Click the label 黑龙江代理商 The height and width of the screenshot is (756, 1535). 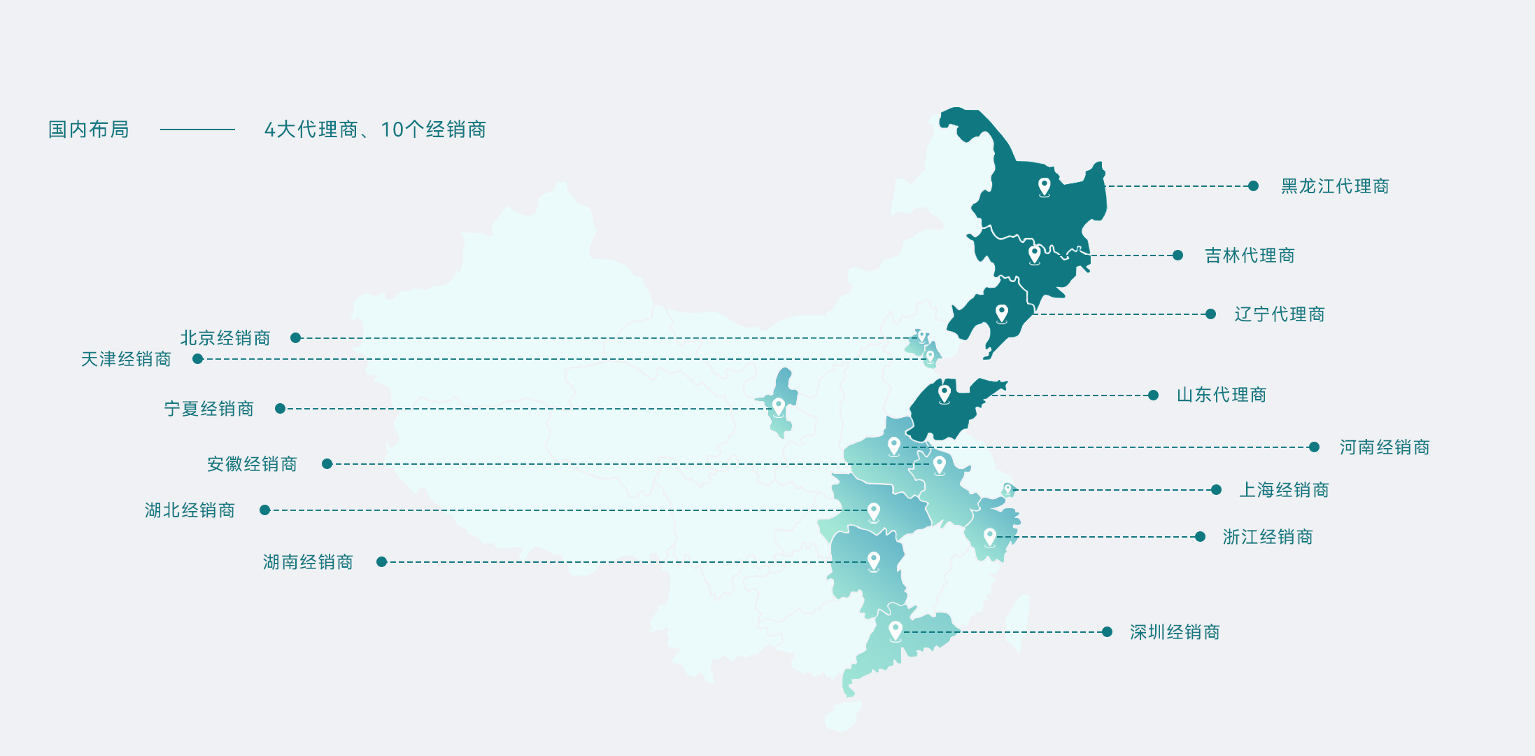1334,186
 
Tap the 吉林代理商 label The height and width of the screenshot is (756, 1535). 1249,255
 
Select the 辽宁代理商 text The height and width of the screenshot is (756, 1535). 1279,314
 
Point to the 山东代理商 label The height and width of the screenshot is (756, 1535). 1221,395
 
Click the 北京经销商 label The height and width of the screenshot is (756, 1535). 225,338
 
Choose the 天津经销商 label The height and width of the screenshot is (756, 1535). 126,359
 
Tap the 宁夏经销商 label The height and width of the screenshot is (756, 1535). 208,409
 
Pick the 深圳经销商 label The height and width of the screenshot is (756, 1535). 1174,632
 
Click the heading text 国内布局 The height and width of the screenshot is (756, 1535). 88,129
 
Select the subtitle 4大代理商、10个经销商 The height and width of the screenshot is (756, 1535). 375,129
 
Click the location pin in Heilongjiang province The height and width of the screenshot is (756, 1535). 1044,186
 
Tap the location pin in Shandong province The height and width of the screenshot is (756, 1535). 944,393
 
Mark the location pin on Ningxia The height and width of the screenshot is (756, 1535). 778,406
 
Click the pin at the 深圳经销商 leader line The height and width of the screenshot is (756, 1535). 895,630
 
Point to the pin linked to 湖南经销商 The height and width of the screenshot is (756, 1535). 873,561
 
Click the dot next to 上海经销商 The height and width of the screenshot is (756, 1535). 1216,490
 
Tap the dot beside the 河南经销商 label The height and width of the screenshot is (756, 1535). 1314,447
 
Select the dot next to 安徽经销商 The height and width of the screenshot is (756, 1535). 327,464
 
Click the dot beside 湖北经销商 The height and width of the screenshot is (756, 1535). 264,510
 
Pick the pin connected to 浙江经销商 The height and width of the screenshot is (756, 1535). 989,536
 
